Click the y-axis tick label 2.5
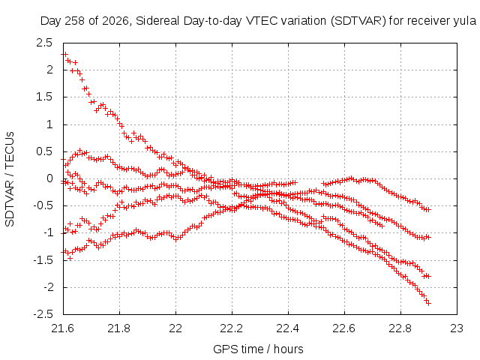[44, 43]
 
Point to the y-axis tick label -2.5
[43, 314]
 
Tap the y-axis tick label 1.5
[44, 97]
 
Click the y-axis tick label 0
[49, 178]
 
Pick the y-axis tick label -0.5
[43, 205]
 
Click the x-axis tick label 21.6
[63, 328]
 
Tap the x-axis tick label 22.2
[232, 328]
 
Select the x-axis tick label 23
[457, 328]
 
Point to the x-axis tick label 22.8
[400, 328]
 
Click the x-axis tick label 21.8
[119, 328]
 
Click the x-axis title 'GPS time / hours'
[258, 349]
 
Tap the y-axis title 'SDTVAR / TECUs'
[10, 179]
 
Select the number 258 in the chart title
[75, 21]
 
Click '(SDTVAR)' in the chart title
[358, 21]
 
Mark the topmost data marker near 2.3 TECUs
[64, 54]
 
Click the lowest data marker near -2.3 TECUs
[428, 303]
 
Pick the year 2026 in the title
[115, 21]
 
